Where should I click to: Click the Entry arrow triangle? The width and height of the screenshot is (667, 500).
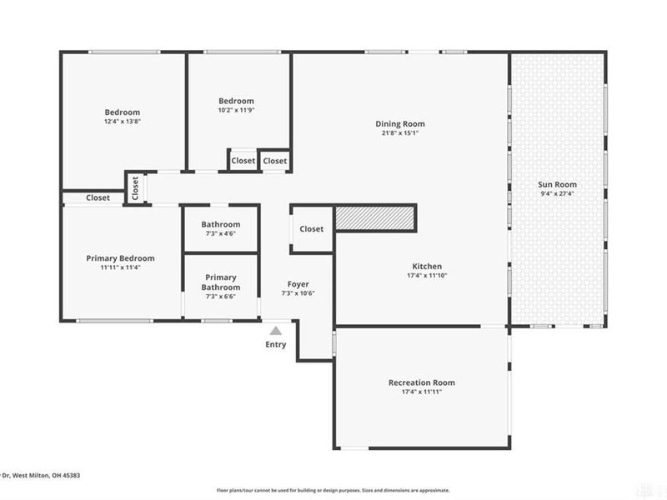[275, 331]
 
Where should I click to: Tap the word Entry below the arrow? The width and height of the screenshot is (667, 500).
[275, 344]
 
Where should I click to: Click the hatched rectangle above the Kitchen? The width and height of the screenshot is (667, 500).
[374, 218]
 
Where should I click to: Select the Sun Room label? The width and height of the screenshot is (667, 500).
[559, 185]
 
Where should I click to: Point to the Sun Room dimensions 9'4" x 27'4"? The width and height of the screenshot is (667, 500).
[559, 194]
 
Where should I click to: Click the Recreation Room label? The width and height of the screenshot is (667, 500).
[422, 382]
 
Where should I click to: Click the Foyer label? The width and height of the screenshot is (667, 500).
[298, 284]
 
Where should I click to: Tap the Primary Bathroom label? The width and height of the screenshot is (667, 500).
[221, 282]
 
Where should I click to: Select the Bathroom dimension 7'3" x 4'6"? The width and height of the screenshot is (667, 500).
[221, 233]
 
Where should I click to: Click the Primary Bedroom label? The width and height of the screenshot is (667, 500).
[121, 258]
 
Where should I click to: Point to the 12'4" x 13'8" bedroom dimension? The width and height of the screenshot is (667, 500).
[122, 122]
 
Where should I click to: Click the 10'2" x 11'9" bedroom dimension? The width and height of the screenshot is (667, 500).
[235, 110]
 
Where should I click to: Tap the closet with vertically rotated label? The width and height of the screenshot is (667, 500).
[135, 188]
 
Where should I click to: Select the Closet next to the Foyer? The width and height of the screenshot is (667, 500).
[311, 229]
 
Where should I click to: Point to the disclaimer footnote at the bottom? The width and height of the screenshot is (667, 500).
[333, 491]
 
